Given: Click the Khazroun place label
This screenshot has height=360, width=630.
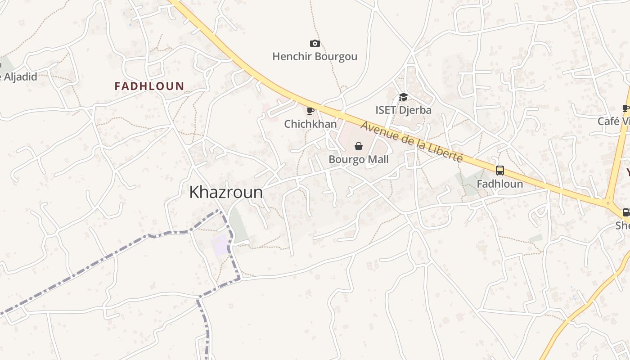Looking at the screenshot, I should click(226, 192).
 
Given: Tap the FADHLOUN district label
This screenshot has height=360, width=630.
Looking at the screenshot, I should click(149, 86).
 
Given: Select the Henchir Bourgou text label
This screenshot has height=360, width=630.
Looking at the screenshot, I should click(315, 56).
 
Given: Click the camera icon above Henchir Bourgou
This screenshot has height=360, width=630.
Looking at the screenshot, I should click(315, 43).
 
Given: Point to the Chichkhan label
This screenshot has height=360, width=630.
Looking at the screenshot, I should click(310, 123).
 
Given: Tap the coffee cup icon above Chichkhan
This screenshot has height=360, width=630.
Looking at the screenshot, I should click(310, 111).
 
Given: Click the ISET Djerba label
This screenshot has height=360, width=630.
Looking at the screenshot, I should click(403, 110).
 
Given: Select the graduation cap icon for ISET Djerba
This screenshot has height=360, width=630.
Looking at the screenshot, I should click(403, 97).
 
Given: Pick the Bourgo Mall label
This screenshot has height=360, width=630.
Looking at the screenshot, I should click(358, 159).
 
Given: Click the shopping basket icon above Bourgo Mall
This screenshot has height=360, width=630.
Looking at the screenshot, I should click(359, 146).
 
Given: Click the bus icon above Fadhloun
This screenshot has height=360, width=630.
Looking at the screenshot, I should click(499, 171).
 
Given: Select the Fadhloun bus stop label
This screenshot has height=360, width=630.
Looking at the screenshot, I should click(499, 184).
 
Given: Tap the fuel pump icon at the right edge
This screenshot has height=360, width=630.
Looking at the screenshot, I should click(626, 212).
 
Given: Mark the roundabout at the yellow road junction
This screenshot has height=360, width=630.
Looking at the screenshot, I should click(608, 203).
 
